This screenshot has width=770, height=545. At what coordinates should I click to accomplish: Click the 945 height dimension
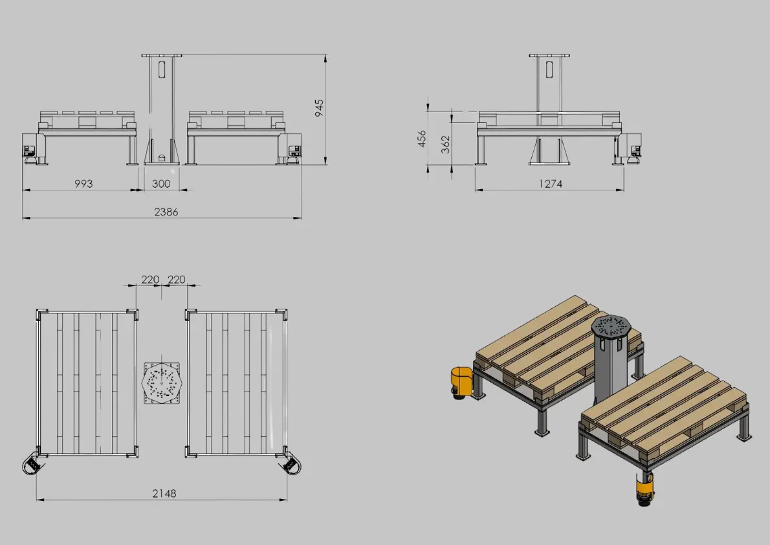319,108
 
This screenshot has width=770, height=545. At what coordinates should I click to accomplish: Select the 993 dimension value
83,183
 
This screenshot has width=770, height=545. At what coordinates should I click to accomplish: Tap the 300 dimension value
161,183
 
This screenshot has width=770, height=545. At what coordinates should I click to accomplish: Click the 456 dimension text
422,139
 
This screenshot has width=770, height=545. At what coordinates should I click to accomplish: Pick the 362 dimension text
445,144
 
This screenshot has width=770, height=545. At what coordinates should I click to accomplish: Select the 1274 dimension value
549,183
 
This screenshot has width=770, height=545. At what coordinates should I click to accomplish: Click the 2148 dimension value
164,493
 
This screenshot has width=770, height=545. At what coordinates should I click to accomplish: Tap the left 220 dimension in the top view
150,280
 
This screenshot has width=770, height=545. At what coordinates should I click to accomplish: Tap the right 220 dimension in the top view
176,280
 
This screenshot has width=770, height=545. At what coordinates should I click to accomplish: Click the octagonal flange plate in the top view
162,383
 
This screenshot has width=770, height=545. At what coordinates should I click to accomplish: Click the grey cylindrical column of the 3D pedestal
611,372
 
